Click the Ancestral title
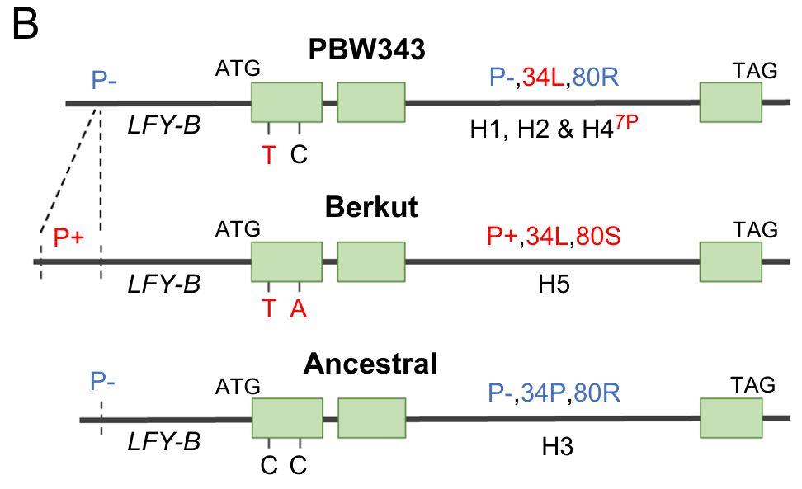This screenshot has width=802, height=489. [x=370, y=363]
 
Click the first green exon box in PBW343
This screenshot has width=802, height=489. [x=286, y=102]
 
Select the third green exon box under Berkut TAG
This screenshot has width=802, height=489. [x=730, y=261]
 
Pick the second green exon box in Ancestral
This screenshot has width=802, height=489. [x=371, y=419]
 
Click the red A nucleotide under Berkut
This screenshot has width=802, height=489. [x=299, y=308]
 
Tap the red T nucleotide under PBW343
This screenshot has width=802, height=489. [x=269, y=153]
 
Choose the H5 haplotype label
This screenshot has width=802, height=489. [x=554, y=284]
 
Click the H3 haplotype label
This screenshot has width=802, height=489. [x=557, y=446]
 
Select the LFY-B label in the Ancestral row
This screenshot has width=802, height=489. [x=164, y=442]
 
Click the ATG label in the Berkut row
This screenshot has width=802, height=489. [x=238, y=228]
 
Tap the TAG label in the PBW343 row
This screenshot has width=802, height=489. [x=754, y=72]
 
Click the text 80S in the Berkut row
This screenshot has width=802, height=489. [x=598, y=237]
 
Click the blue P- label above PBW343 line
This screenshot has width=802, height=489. [x=105, y=80]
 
